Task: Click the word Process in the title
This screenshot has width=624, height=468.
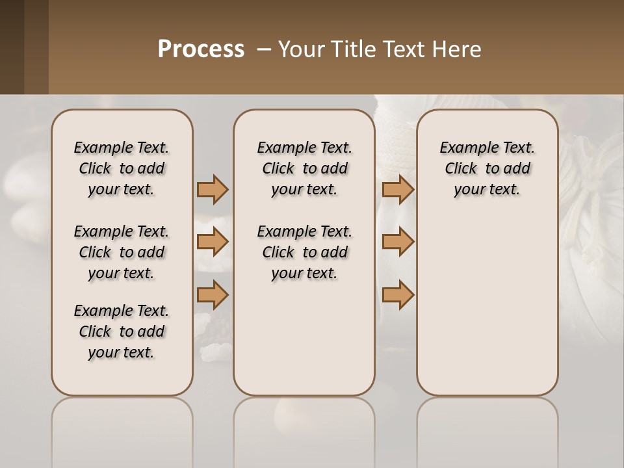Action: pyautogui.click(x=201, y=49)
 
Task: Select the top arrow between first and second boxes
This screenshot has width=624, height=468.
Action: pyautogui.click(x=213, y=190)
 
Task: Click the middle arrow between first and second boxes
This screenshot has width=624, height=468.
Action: pyautogui.click(x=213, y=242)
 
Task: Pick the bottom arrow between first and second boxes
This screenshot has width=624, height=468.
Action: pyautogui.click(x=213, y=295)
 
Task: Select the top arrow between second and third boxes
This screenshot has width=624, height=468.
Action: pyautogui.click(x=398, y=190)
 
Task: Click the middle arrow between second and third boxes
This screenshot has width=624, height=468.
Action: pyautogui.click(x=398, y=242)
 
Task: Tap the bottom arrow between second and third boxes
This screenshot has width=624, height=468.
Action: pyautogui.click(x=398, y=295)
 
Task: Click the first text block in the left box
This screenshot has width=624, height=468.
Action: pyautogui.click(x=122, y=168)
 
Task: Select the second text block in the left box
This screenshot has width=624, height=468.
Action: pyautogui.click(x=122, y=252)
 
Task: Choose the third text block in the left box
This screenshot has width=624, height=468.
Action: pyautogui.click(x=122, y=331)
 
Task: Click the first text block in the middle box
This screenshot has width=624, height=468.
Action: pyautogui.click(x=304, y=168)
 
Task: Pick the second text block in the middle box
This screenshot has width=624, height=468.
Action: pyautogui.click(x=304, y=252)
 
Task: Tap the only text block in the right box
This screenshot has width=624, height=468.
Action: pyautogui.click(x=487, y=168)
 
